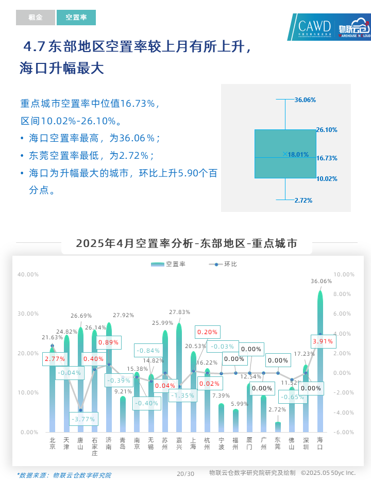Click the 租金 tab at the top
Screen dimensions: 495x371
tap(35, 18)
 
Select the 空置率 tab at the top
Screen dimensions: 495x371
tap(76, 18)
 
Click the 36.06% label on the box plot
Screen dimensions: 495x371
tap(305, 100)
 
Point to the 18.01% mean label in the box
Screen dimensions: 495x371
tap(298, 154)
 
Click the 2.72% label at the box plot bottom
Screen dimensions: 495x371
tap(303, 200)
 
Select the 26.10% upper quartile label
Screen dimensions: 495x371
tap(327, 130)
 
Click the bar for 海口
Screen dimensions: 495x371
tap(320, 371)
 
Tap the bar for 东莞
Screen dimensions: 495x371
tap(278, 427)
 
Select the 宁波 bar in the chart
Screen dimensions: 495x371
tap(221, 418)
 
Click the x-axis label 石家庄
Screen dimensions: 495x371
tap(94, 447)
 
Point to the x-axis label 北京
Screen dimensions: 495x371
tap(52, 443)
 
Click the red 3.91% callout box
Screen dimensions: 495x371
tap(324, 341)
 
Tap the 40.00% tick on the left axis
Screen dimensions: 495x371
tap(28, 274)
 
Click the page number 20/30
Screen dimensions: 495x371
tap(185, 473)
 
